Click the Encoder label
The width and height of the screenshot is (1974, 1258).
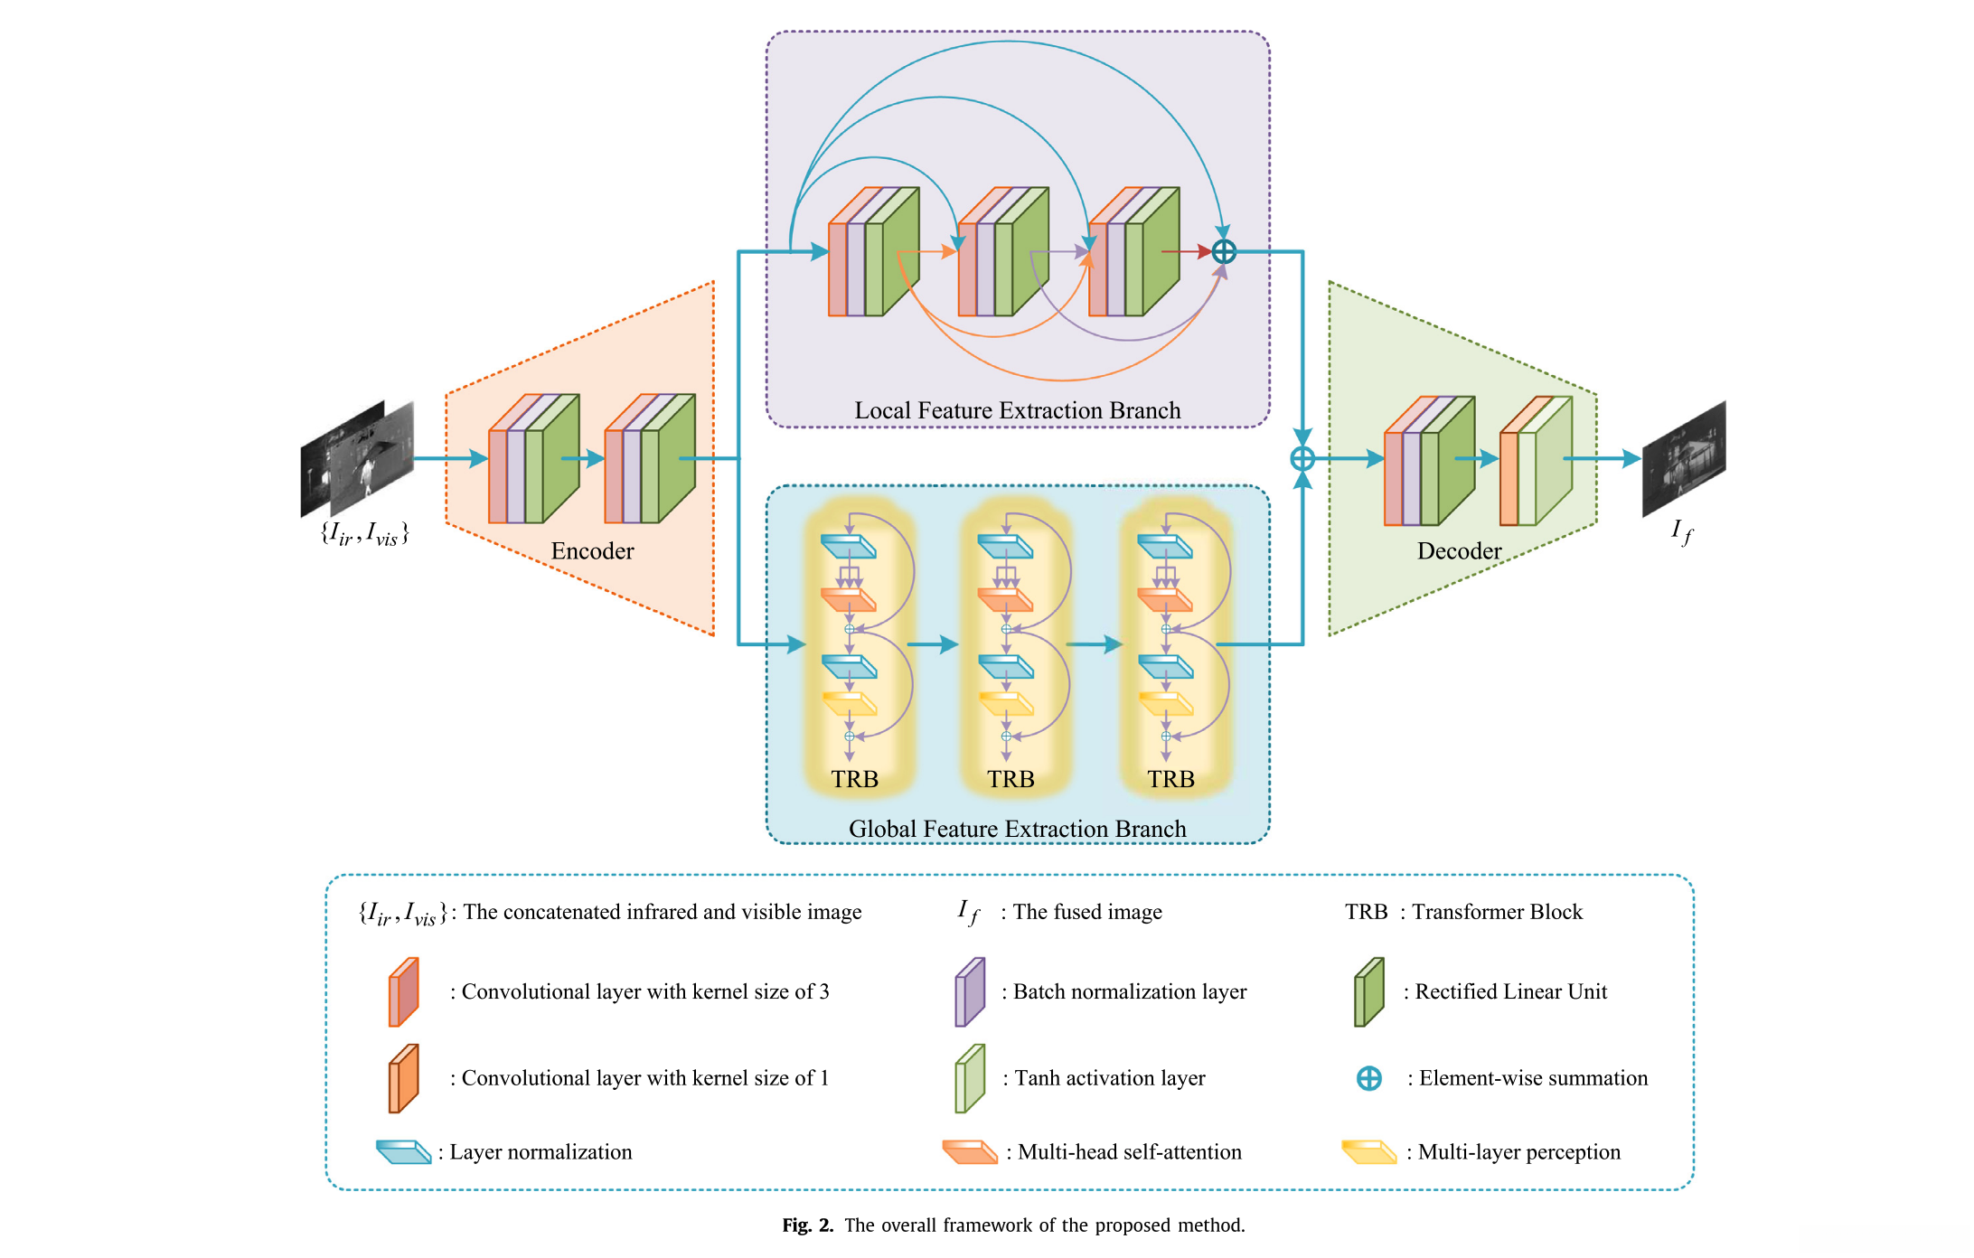(x=592, y=551)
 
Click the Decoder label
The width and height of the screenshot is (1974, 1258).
(x=1459, y=551)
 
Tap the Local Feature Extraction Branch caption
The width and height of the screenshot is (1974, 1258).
(x=1017, y=410)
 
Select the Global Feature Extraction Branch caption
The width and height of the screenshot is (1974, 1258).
(x=1017, y=829)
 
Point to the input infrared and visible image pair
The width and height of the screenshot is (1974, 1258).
(x=357, y=459)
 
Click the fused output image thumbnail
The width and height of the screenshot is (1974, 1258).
(x=1683, y=459)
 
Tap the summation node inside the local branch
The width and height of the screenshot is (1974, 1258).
(x=1224, y=251)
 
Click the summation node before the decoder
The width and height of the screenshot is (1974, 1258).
(x=1302, y=459)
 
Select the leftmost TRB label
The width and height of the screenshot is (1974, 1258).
(x=854, y=779)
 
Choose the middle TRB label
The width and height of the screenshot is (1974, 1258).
(x=1010, y=779)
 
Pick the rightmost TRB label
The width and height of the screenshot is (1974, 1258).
(x=1170, y=779)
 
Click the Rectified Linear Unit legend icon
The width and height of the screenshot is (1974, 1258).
(x=1369, y=992)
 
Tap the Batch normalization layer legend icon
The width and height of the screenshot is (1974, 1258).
(x=970, y=992)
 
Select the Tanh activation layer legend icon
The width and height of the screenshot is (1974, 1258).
(x=970, y=1078)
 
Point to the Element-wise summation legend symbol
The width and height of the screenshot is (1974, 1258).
(x=1369, y=1078)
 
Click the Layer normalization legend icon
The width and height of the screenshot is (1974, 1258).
(x=403, y=1152)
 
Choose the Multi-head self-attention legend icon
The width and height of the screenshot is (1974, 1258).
(x=970, y=1152)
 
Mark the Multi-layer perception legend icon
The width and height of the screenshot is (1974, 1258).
(x=1369, y=1152)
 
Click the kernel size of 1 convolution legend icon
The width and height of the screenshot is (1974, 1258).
(x=403, y=1078)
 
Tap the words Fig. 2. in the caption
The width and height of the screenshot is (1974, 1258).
(x=807, y=1225)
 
